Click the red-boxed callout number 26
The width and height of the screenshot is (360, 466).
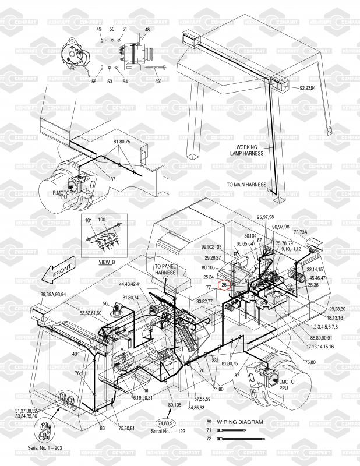(225, 285)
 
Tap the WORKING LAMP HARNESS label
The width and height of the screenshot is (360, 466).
(250, 150)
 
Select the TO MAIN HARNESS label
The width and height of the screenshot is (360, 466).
(246, 185)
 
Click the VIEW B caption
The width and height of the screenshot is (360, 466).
(107, 262)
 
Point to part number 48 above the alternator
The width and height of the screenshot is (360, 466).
(147, 30)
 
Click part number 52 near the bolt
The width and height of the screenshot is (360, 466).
(158, 80)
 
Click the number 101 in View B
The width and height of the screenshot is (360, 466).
(89, 221)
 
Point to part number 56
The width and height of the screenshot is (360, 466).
(105, 303)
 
